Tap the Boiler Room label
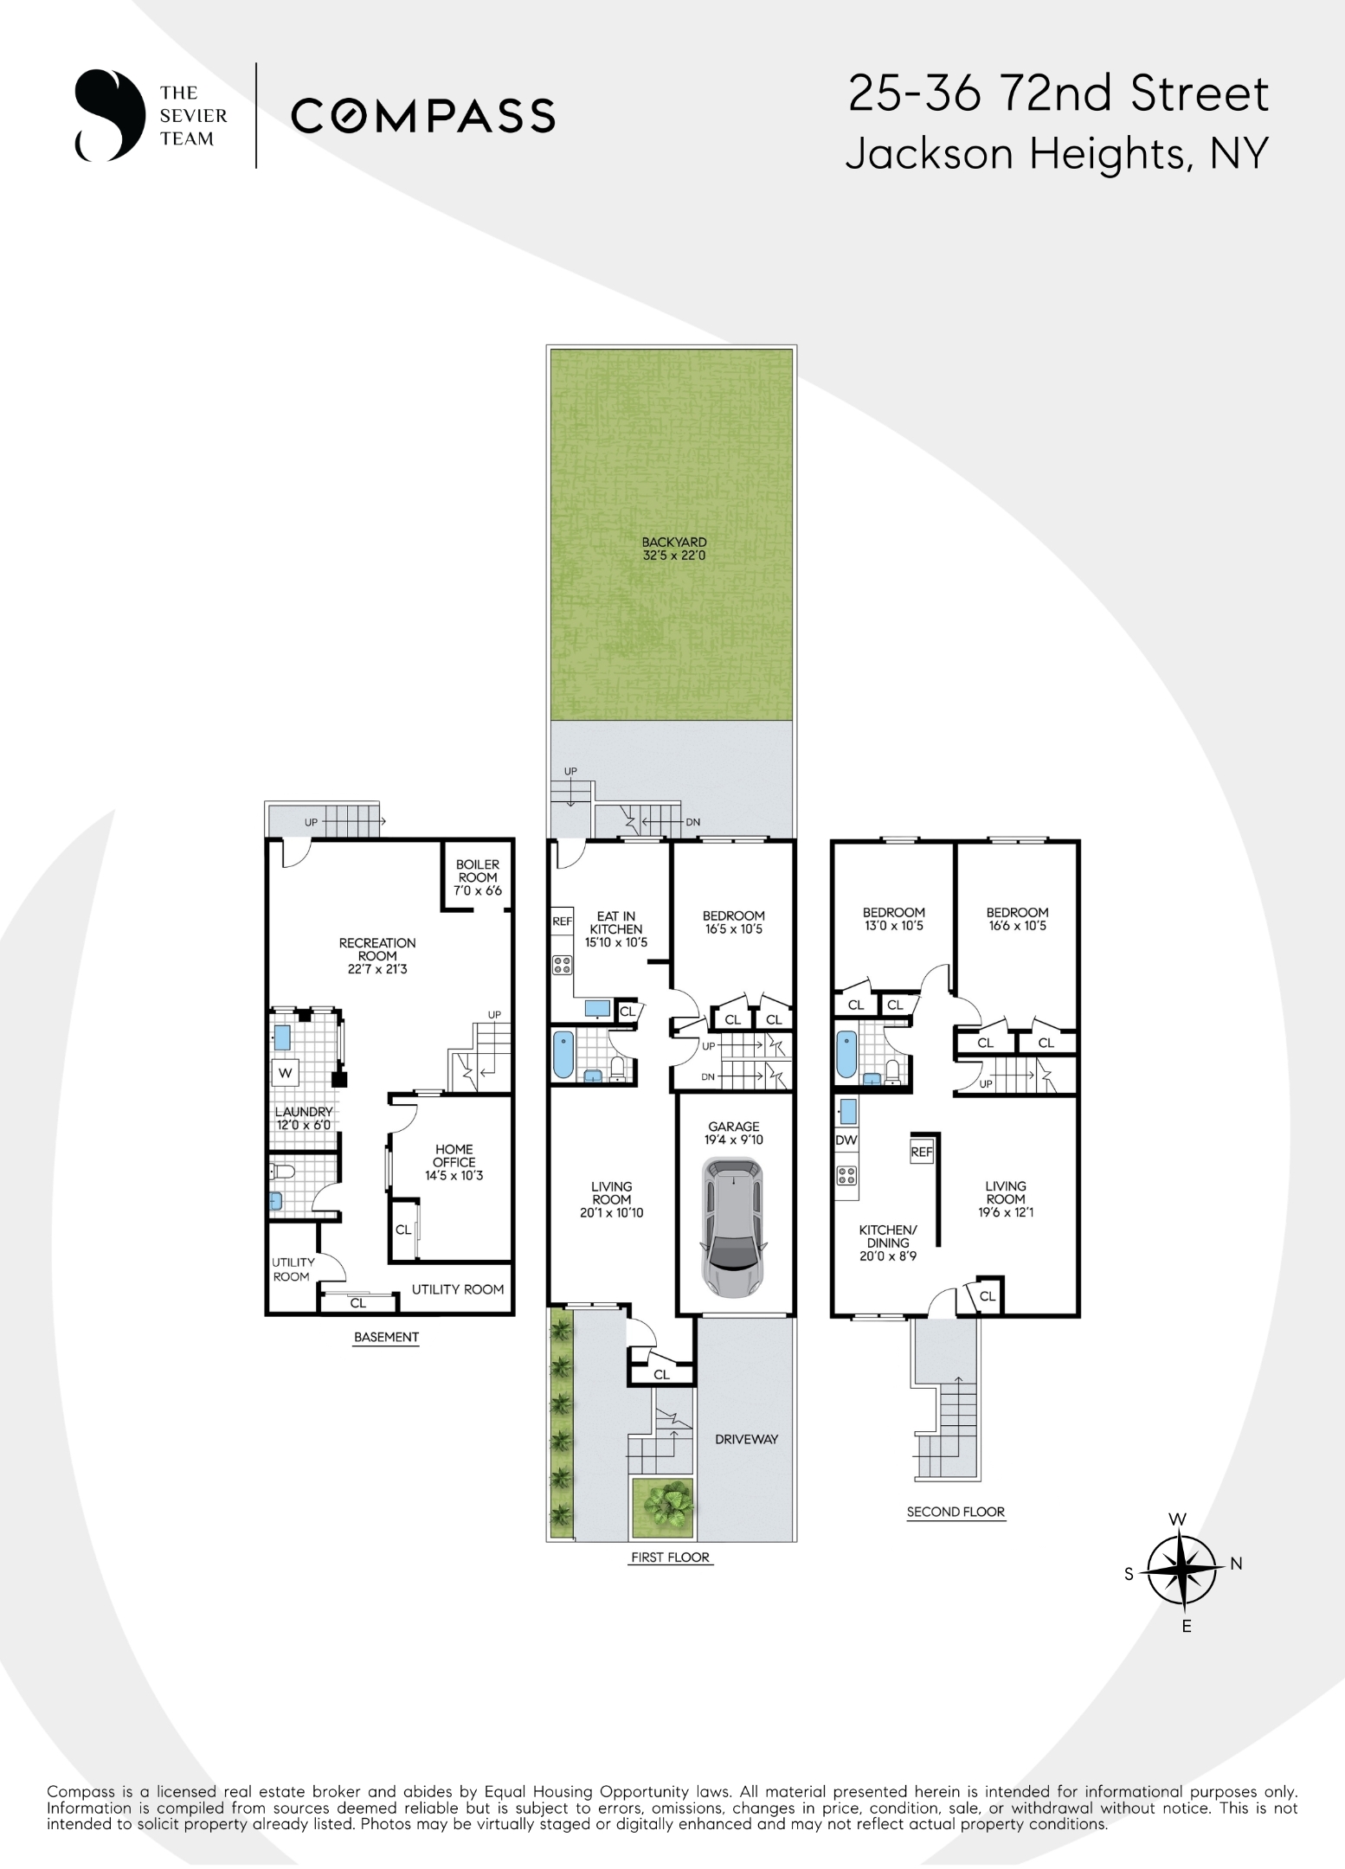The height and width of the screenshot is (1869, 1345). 478,877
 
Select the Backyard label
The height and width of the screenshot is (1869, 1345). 674,549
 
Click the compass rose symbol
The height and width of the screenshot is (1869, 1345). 1181,1570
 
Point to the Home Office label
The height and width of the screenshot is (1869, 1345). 454,1162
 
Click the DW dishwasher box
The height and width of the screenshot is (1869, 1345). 846,1140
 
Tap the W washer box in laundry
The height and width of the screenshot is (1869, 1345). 286,1073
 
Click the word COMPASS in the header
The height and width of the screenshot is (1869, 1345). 422,115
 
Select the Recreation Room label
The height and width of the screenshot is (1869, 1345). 377,955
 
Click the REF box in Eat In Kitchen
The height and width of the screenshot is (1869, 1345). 563,922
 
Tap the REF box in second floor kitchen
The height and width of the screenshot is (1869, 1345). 922,1152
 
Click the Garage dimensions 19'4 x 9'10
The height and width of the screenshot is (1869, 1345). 734,1140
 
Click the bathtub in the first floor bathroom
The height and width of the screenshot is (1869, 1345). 563,1054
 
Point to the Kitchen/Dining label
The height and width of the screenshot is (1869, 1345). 888,1243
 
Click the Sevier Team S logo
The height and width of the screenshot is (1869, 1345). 110,115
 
